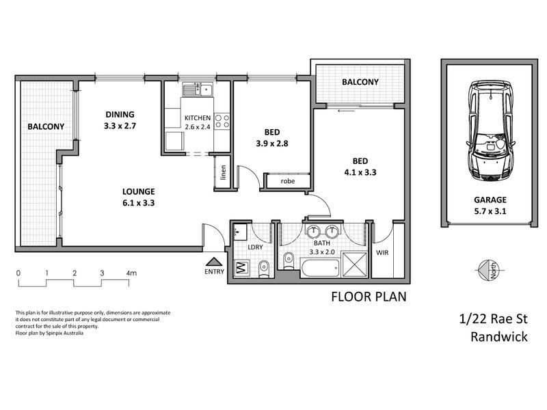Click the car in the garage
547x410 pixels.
(490, 131)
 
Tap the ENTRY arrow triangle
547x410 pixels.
(214, 262)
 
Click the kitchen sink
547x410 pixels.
(197, 90)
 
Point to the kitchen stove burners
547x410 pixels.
(222, 122)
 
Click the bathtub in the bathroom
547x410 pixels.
(320, 268)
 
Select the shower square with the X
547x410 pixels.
(354, 264)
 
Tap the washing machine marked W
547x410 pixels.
(241, 268)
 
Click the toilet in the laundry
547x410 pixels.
(264, 269)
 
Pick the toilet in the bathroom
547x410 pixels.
(288, 260)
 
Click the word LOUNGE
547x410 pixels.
(139, 191)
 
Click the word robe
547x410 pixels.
(287, 181)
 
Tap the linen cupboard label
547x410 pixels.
(224, 172)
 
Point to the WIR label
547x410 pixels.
(382, 252)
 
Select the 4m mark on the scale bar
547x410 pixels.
(131, 273)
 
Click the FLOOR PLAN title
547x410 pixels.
(369, 297)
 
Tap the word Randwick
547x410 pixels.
(499, 337)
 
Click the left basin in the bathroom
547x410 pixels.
(313, 231)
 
